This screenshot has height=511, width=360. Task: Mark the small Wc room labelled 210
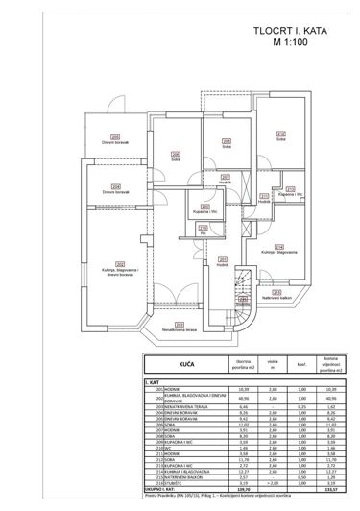click(204, 231)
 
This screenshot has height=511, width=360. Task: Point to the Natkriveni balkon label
click(278, 297)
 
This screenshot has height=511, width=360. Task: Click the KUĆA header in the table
click(181, 365)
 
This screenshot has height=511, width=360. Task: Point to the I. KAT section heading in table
click(154, 382)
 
